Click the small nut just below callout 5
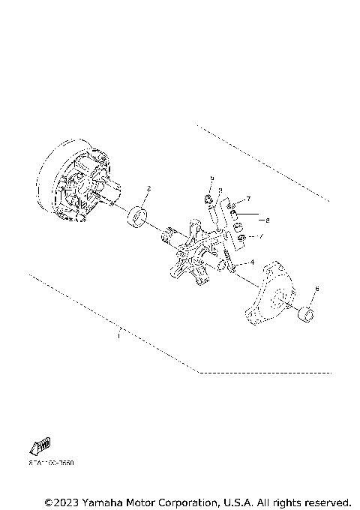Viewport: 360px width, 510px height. [x=208, y=199]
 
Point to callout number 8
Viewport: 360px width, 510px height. [x=267, y=220]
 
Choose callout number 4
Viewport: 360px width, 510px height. [x=252, y=262]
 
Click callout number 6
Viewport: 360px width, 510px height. [x=316, y=288]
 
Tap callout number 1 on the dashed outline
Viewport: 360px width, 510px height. [x=118, y=337]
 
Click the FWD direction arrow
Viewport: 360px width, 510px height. [x=39, y=446]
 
